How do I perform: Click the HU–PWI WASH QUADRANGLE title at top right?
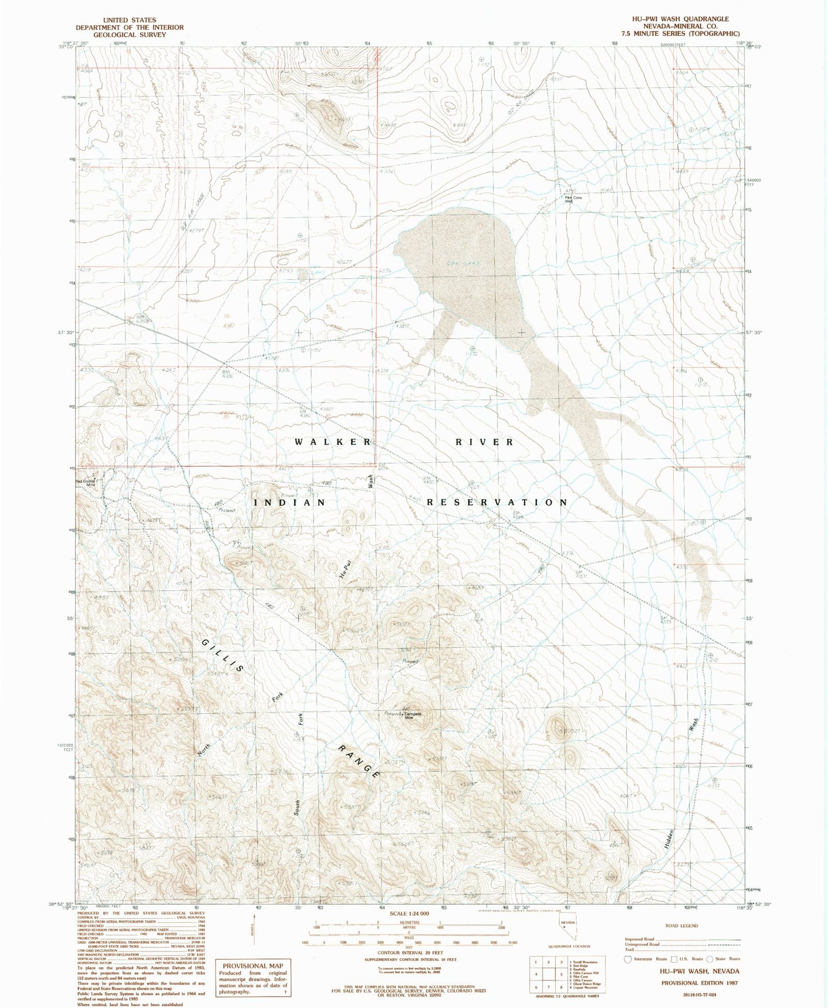coord(680,19)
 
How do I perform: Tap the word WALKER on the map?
coord(333,442)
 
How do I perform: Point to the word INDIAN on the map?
coord(289,502)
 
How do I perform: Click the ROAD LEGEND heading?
coord(682,925)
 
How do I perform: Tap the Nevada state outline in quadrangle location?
coord(567,939)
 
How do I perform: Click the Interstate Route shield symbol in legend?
coord(629,959)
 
